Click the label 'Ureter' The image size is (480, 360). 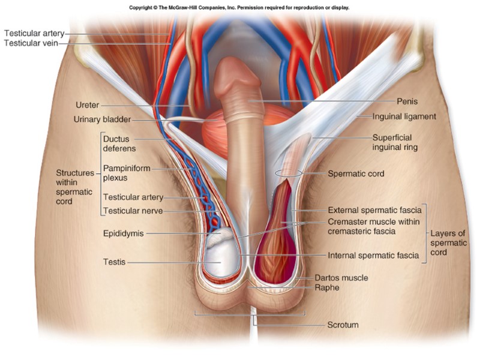click(88, 106)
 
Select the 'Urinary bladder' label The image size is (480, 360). click(102, 119)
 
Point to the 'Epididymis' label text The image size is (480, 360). click(123, 233)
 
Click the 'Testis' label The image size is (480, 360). click(115, 262)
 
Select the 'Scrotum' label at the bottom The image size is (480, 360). click(343, 325)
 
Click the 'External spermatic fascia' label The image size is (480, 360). click(374, 211)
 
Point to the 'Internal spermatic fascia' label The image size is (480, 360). click(374, 256)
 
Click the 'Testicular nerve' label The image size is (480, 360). click(133, 211)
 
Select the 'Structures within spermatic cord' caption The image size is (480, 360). click(74, 187)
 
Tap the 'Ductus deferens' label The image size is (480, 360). click(119, 143)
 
